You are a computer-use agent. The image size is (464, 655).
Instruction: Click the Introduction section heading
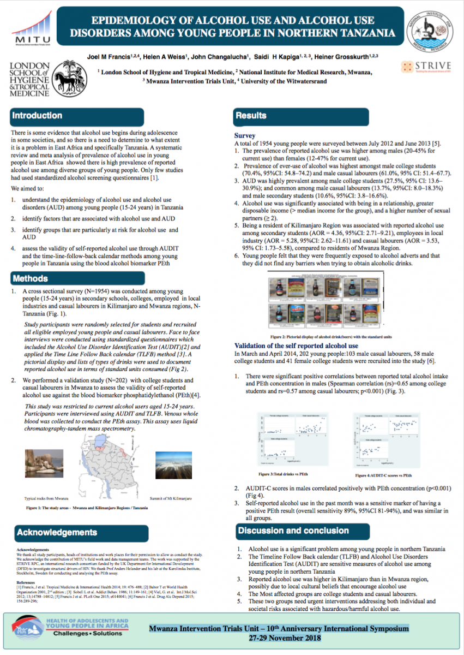coord(37,116)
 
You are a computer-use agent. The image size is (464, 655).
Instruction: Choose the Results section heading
coord(251,116)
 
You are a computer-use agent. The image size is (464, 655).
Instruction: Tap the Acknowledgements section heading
coord(56,532)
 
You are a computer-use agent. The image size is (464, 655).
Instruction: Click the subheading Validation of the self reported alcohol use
coord(296,346)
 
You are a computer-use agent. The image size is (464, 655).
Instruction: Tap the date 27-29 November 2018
coord(279,638)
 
